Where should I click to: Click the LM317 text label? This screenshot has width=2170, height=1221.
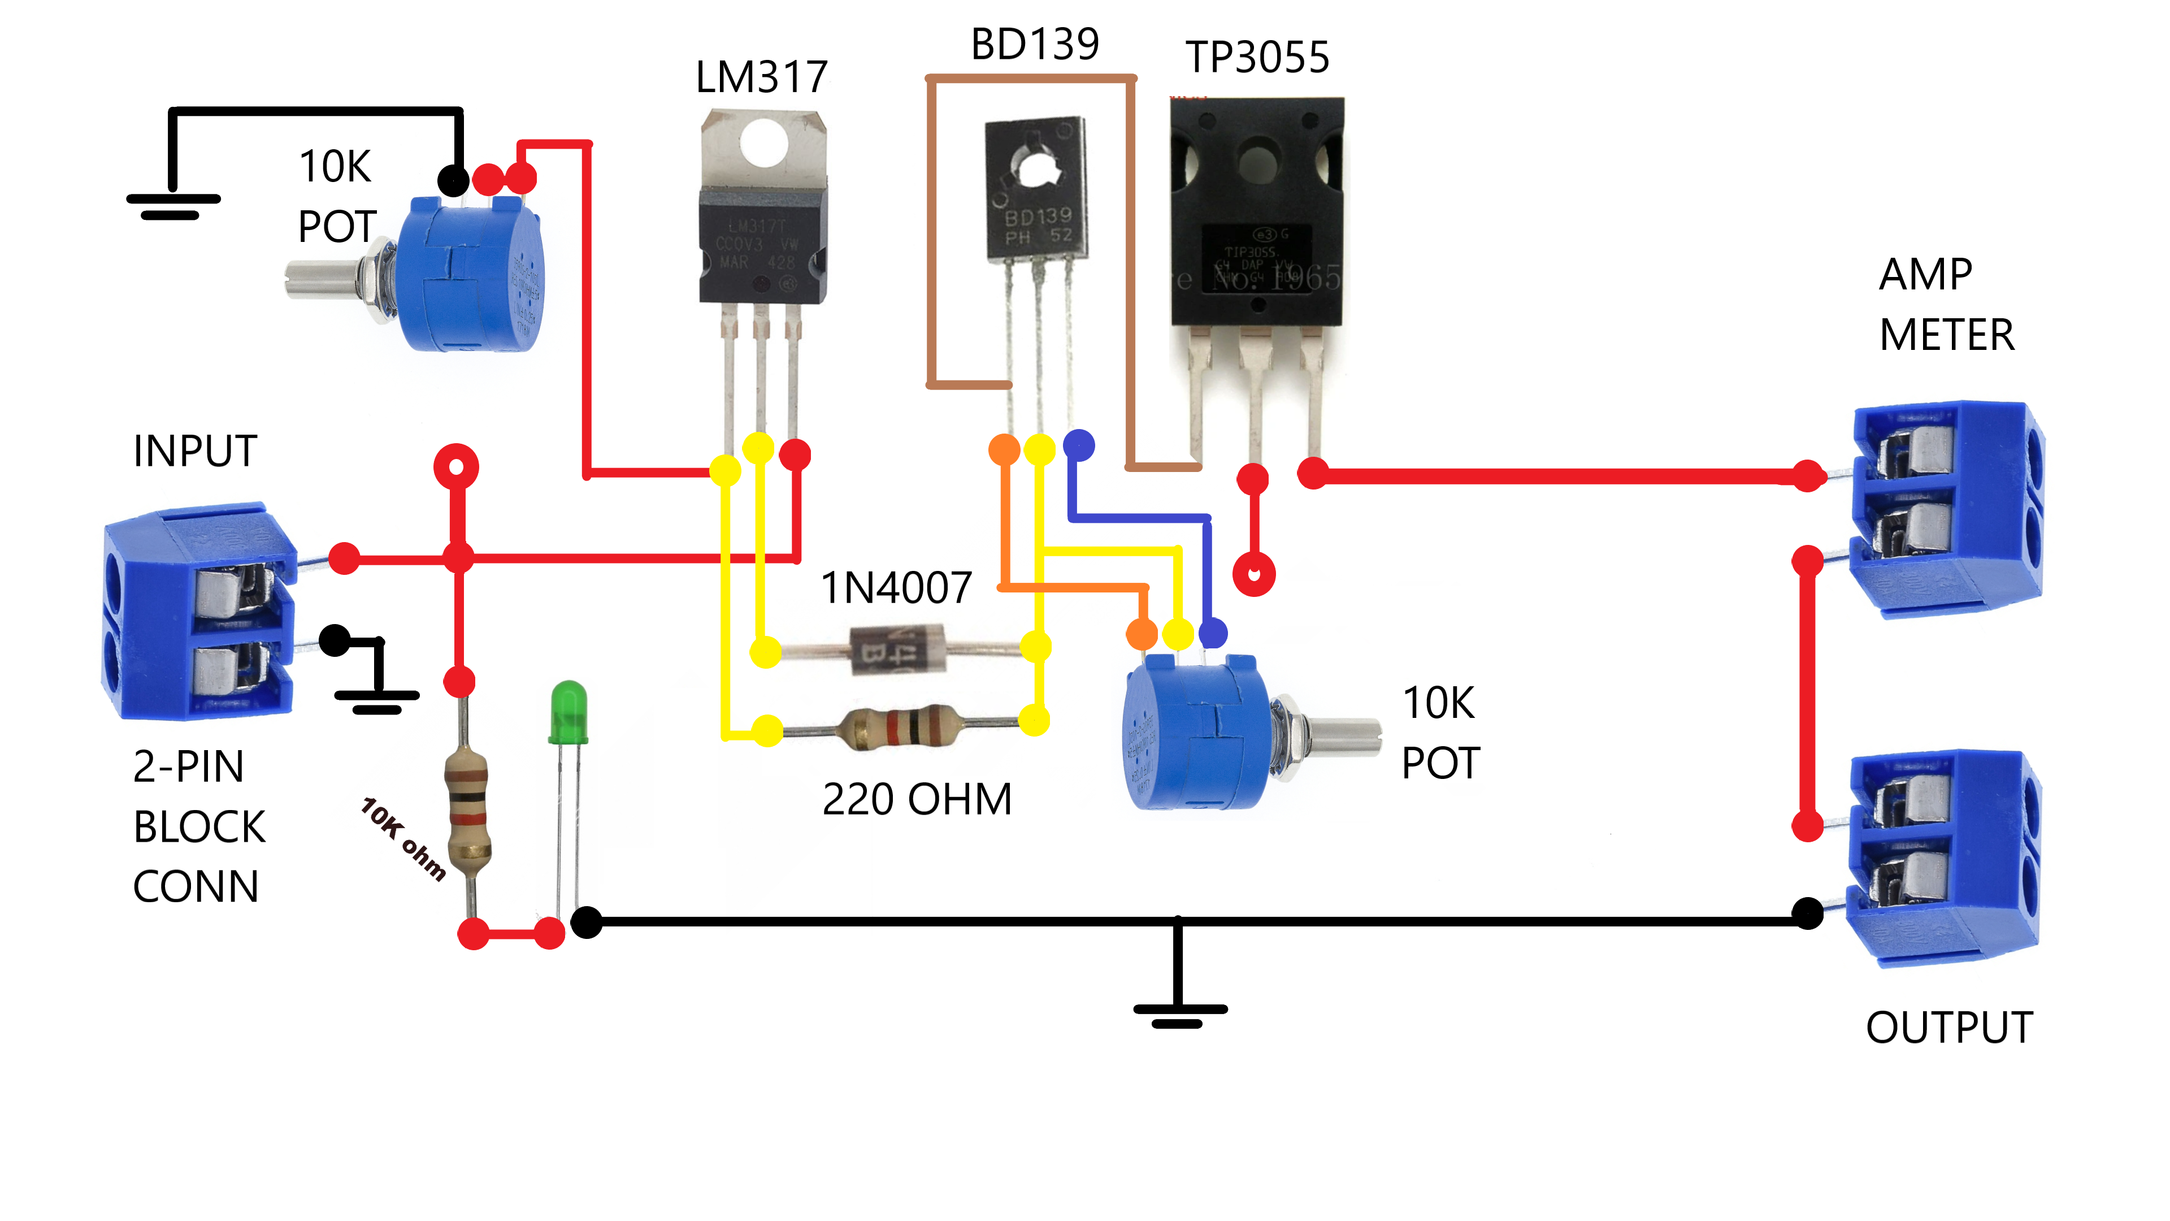point(761,77)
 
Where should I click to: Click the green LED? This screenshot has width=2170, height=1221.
point(568,712)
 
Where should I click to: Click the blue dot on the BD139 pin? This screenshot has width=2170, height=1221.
point(1078,445)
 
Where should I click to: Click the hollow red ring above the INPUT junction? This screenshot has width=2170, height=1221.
point(455,467)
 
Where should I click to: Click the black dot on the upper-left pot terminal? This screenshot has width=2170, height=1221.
point(453,180)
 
